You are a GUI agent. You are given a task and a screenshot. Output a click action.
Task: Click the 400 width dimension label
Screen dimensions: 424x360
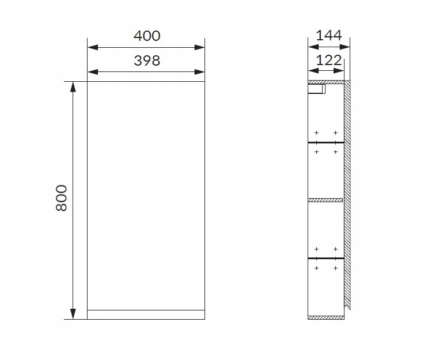tap(147, 36)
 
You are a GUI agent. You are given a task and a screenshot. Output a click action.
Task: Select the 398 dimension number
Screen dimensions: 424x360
tap(147, 60)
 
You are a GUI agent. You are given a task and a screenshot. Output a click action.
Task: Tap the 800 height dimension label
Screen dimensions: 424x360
tap(62, 198)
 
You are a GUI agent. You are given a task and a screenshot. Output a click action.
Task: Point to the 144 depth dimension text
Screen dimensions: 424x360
tap(329, 35)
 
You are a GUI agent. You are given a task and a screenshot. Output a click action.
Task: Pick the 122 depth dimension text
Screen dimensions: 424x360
tap(329, 60)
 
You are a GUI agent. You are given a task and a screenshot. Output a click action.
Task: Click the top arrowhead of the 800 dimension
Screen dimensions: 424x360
tap(73, 87)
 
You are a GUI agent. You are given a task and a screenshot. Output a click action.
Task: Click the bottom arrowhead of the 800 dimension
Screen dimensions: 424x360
tap(73, 314)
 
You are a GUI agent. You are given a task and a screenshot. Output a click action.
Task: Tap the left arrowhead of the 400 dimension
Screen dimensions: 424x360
tap(93, 48)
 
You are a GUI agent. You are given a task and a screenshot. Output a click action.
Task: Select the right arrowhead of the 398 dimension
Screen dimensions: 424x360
tap(199, 72)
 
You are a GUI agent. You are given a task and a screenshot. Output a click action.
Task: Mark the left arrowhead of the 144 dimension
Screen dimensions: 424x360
tap(313, 47)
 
